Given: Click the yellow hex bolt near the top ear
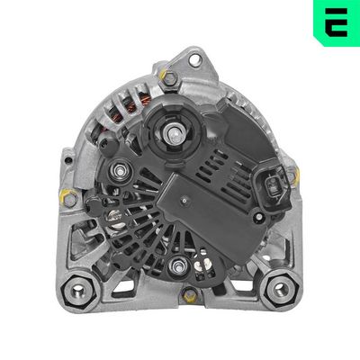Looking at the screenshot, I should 166,79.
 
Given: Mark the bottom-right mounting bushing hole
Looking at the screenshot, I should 280,290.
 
